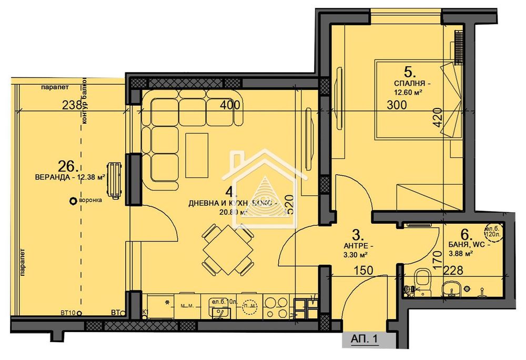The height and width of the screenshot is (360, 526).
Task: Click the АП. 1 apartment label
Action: pos(365,341)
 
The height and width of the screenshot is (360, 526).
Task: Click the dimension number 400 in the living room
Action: pos(229,105)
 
